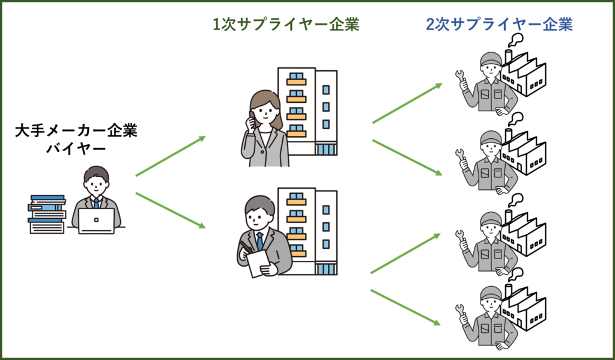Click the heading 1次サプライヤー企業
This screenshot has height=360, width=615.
[286, 25]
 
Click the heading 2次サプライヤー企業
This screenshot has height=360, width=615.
[498, 25]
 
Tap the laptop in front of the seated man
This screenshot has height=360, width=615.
[96, 221]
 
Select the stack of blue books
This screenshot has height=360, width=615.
[47, 213]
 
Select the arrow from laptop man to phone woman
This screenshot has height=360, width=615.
[171, 156]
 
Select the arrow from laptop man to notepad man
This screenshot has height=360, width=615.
[171, 210]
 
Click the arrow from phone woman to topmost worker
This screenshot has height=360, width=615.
[407, 103]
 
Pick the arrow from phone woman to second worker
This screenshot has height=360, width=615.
[407, 157]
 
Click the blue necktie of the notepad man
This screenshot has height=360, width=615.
[260, 241]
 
